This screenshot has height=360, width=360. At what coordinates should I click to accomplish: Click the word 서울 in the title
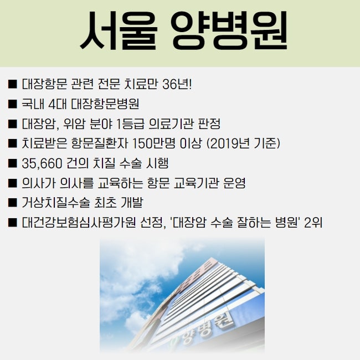pyautogui.click(x=119, y=30)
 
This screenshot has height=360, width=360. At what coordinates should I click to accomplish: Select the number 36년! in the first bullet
pyautogui.click(x=177, y=84)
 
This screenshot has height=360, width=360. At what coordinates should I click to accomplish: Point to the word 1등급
pyautogui.click(x=130, y=124)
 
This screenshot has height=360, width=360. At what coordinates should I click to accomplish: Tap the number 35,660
pyautogui.click(x=42, y=163)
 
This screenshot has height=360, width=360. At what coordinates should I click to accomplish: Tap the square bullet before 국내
pyautogui.click(x=13, y=104)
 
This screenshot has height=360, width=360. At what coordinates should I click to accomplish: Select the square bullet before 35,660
pyautogui.click(x=13, y=163)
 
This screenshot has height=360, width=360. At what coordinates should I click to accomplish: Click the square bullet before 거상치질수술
pyautogui.click(x=13, y=203)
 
